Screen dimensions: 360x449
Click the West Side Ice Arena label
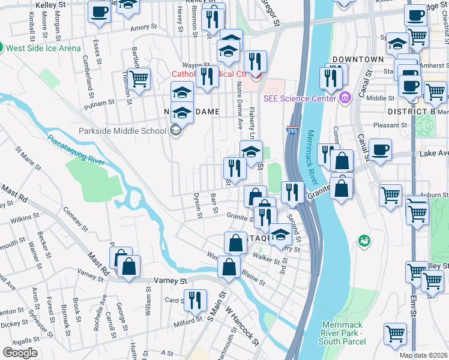pyautogui.click(x=44, y=47)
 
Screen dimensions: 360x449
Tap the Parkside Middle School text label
pyautogui.click(x=122, y=131)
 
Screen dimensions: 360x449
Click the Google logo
pyautogui.click(x=20, y=353)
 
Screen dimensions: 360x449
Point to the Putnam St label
pyautogui.click(x=100, y=103)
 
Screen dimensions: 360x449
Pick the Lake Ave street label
pyautogui.click(x=434, y=154)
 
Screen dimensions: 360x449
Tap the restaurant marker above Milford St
pyautogui.click(x=194, y=300)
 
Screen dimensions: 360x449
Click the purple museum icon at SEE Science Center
pyautogui.click(x=345, y=97)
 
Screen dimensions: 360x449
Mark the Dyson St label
pyautogui.click(x=196, y=205)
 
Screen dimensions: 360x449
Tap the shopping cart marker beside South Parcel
pyautogui.click(x=394, y=334)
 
